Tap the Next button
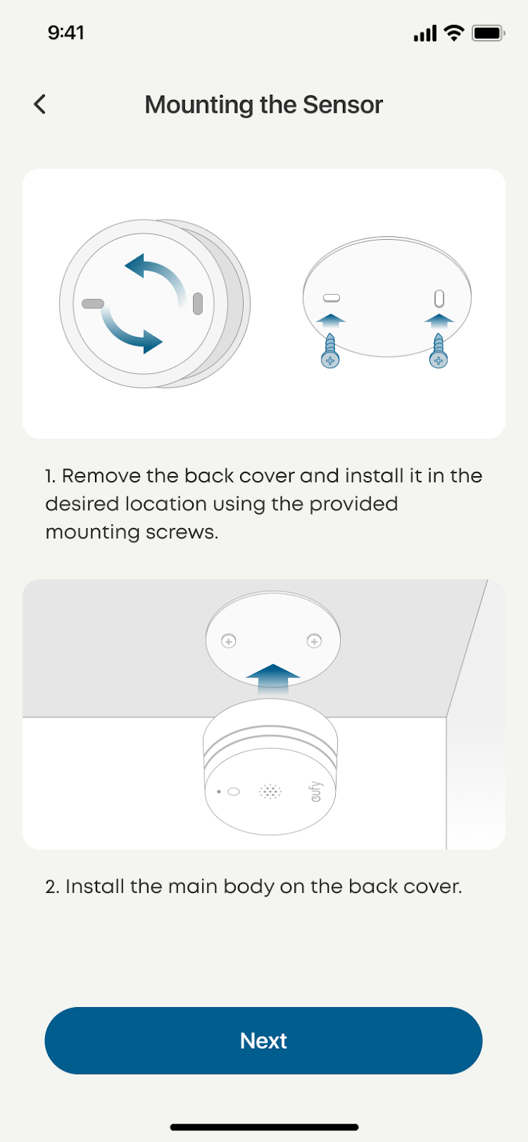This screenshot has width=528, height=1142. [x=264, y=1041]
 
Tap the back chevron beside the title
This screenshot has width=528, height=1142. [x=40, y=104]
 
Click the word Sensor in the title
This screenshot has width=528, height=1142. [x=343, y=104]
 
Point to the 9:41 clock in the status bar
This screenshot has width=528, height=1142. [x=66, y=33]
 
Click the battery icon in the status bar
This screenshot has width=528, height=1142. [x=488, y=33]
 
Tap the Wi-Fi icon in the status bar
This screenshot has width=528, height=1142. [x=454, y=33]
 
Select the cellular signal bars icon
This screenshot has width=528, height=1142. [x=425, y=33]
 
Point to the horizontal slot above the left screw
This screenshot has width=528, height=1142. [x=332, y=298]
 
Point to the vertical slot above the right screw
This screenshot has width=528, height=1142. [x=439, y=299]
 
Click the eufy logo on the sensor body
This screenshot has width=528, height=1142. [x=317, y=791]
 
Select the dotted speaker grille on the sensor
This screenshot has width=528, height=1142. [x=270, y=792]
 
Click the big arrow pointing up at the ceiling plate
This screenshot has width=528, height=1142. [x=273, y=678]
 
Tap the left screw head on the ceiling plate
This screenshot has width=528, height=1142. [x=229, y=641]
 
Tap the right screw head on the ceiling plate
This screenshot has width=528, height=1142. [x=314, y=641]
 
